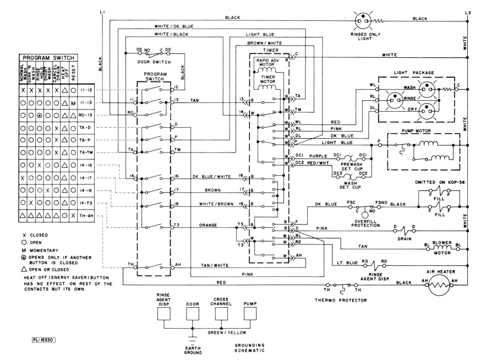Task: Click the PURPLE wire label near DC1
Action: point(318,156)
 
